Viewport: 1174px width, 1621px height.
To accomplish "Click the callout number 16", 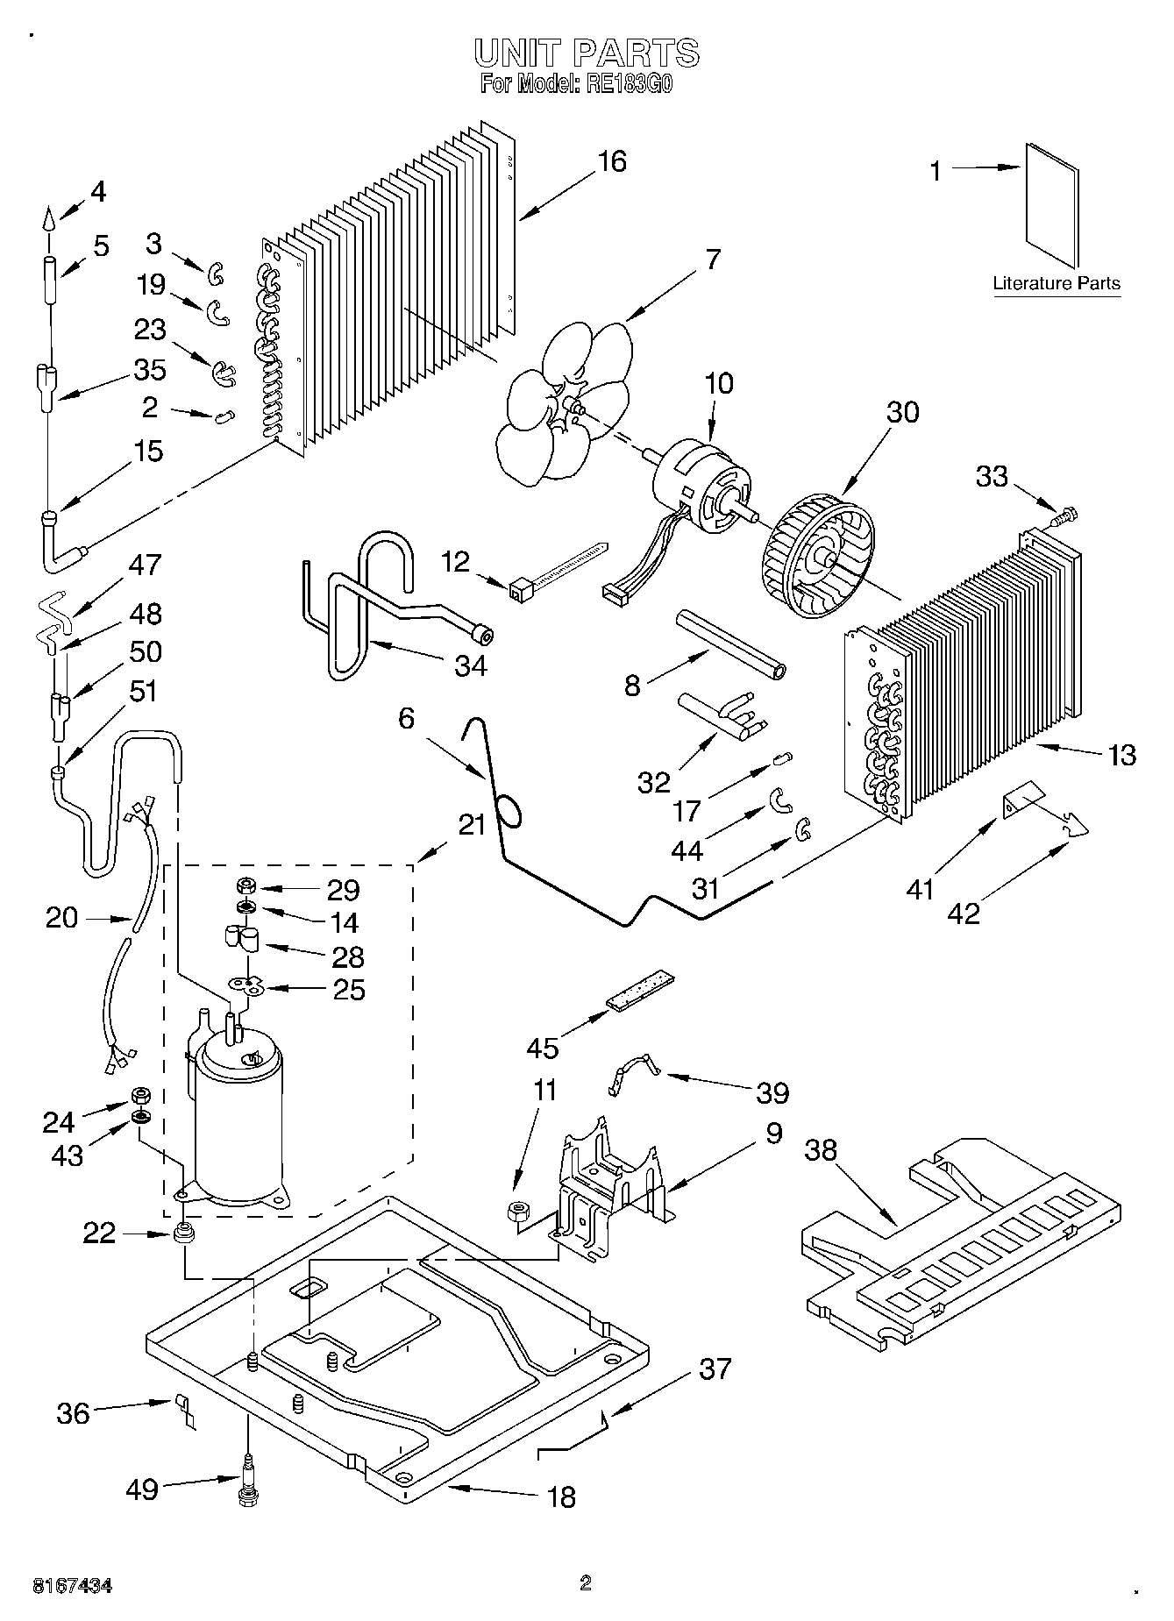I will (x=612, y=161).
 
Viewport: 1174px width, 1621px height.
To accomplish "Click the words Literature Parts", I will (x=1057, y=283).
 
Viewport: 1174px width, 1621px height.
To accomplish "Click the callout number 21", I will (x=472, y=825).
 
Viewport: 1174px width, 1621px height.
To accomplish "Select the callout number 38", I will (x=822, y=1149).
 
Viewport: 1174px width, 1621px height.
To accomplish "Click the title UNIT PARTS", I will (x=587, y=53).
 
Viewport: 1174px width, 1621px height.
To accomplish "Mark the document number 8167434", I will (x=72, y=1585).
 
